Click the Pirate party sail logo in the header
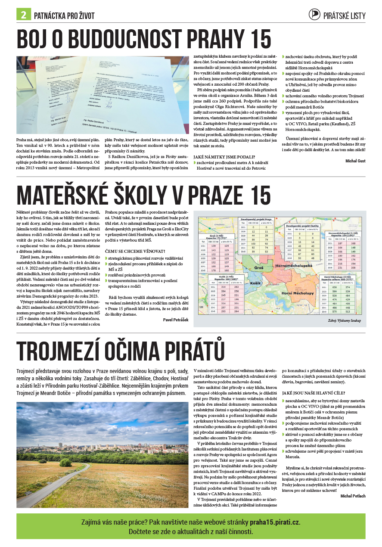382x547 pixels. [315, 15]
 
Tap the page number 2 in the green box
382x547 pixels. [23, 15]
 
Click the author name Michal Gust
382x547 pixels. [355, 161]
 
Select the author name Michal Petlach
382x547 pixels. [353, 496]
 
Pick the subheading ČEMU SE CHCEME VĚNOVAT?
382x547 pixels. [135, 251]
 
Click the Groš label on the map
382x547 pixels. [258, 267]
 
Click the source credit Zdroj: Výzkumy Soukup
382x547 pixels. [344, 321]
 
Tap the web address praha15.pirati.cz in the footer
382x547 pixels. [274, 522]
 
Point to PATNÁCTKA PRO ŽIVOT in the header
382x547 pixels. [64, 16]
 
